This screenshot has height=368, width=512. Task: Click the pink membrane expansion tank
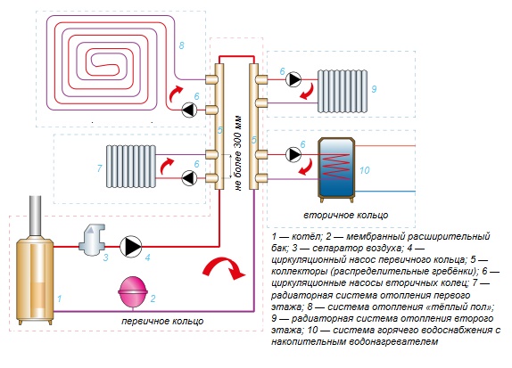pos(133,292)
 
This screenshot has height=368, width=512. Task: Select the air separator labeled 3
pos(92,240)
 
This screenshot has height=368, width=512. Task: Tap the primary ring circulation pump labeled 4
pos(130,247)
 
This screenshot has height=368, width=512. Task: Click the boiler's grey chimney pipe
pos(36,217)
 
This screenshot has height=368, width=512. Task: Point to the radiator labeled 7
pos(131,167)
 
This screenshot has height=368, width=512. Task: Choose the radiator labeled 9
pos(343,92)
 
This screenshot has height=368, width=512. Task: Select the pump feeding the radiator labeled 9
pos(293,79)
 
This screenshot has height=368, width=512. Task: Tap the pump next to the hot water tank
pos(293,155)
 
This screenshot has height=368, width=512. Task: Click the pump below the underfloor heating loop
pos(189,110)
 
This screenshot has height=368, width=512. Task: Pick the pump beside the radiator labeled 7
pos(189,178)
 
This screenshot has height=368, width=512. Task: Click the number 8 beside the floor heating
pos(182,45)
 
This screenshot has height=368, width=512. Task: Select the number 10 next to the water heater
pos(365,170)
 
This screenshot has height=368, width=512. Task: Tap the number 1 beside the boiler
pos(59,298)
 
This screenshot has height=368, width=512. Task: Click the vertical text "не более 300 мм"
pos(238,153)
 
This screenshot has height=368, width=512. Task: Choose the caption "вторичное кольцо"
pos(346,215)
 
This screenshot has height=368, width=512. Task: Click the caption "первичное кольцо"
pos(162,321)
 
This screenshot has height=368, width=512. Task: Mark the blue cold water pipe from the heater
pos(385,192)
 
